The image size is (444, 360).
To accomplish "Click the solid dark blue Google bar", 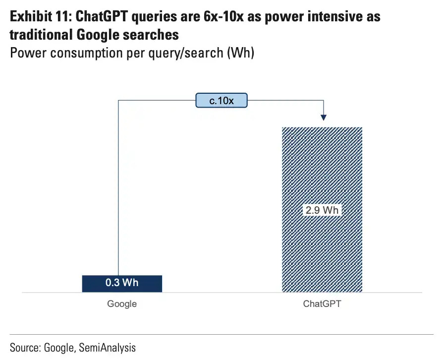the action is click(x=122, y=284).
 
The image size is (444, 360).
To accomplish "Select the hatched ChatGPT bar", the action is click(x=322, y=209).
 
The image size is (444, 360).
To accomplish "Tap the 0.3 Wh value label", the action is click(x=122, y=283).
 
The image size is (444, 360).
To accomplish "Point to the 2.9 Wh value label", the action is click(x=322, y=210).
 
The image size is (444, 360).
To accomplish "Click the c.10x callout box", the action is click(x=222, y=100).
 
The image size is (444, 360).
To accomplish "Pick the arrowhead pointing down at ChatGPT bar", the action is click(x=324, y=118).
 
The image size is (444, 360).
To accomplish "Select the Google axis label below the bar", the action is click(x=122, y=304).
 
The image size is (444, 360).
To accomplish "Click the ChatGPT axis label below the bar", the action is click(x=322, y=303).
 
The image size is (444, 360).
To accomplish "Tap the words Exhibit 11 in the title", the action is click(x=40, y=16).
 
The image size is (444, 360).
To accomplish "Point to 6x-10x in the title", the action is click(x=223, y=16).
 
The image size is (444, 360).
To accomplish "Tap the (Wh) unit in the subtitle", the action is click(x=240, y=53).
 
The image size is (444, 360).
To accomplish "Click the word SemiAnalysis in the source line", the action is click(x=108, y=348).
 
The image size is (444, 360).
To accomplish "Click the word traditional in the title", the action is click(x=41, y=35).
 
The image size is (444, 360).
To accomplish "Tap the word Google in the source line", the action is click(x=59, y=348).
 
